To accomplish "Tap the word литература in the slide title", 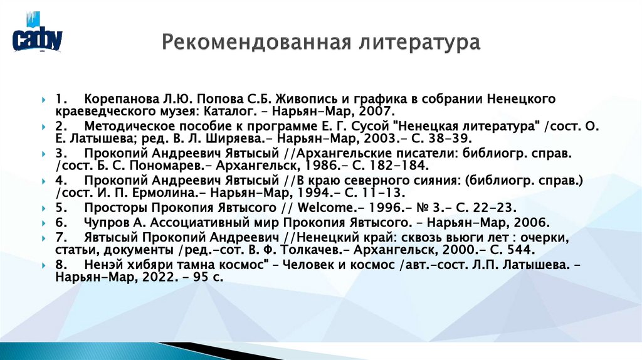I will pos(419,44).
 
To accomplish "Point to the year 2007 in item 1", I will pos(374,112).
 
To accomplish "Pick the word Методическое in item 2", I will pos(130,125).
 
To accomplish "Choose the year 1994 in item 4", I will pos(320,193).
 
